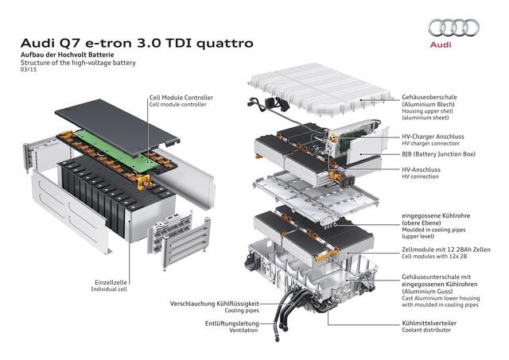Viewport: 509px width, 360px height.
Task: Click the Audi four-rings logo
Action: tap(453, 28)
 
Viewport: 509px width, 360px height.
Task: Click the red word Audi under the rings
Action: tap(441, 45)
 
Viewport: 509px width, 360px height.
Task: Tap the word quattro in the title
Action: tap(224, 43)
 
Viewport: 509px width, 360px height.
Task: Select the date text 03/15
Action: tap(29, 69)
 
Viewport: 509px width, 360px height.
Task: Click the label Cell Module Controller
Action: tap(181, 97)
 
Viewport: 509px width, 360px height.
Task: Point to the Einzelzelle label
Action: tap(111, 282)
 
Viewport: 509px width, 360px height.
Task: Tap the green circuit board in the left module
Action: tap(115, 150)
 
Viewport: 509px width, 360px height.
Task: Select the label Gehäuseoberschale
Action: tap(429, 97)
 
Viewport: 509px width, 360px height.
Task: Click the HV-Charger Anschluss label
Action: tap(433, 137)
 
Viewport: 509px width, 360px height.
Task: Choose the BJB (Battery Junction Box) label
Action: tap(438, 154)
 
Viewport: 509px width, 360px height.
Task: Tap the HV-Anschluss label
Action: tap(421, 169)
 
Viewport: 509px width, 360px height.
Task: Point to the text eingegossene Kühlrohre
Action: tap(436, 215)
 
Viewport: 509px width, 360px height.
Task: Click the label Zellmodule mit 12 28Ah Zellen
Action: tap(446, 250)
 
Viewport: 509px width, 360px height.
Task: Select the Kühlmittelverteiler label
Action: tap(429, 323)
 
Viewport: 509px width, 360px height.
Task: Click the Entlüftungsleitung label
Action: tap(232, 323)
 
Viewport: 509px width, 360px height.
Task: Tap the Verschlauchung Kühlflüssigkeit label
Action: tap(215, 304)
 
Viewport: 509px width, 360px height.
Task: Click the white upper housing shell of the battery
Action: tap(320, 89)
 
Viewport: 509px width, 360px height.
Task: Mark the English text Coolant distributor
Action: tap(426, 330)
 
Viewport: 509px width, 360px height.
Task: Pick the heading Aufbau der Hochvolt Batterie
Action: tap(67, 55)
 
